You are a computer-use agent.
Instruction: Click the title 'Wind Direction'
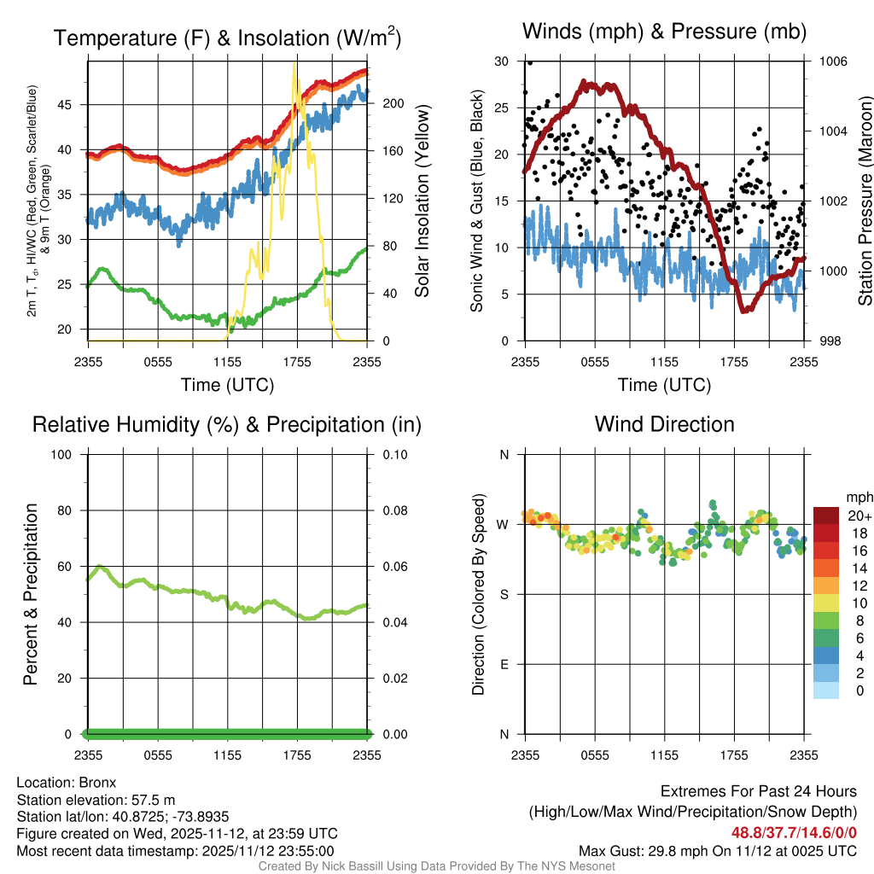[x=664, y=424]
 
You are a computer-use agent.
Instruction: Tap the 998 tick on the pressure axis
[x=828, y=341]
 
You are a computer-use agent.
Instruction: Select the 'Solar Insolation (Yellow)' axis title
[x=422, y=201]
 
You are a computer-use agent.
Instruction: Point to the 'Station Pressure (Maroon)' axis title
[x=865, y=201]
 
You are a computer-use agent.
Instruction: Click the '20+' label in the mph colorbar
[x=859, y=516]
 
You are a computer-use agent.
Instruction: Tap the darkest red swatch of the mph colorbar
[x=826, y=516]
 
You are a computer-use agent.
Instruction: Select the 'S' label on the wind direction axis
[x=504, y=594]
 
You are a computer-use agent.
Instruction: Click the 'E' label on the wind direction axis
[x=504, y=664]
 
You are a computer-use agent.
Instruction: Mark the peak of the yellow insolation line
[x=295, y=63]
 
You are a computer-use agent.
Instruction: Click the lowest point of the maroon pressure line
[x=744, y=311]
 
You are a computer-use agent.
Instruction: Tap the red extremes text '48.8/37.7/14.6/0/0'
[x=794, y=832]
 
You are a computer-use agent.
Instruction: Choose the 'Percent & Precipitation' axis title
[x=31, y=594]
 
